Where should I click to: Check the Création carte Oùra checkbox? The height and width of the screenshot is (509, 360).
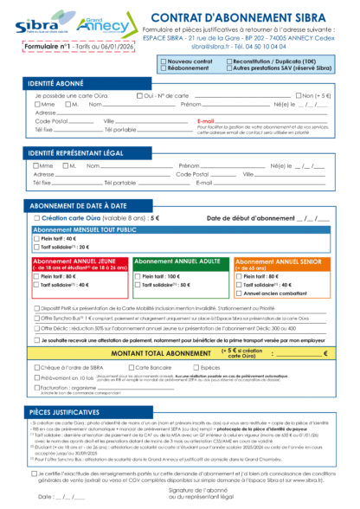pos(36,219)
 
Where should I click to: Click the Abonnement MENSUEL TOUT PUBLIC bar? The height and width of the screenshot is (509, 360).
pos(85,229)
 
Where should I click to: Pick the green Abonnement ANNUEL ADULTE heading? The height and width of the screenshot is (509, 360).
pos(180,261)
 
